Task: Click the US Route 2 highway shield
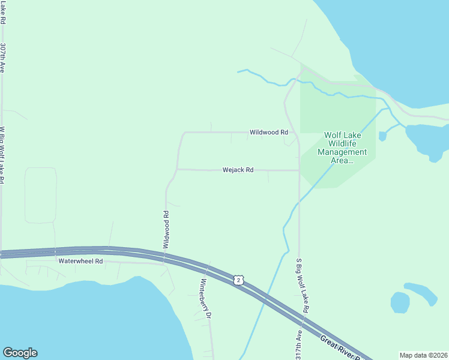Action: pos(239,280)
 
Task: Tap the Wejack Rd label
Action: pos(238,170)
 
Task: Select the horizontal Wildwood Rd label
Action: pos(269,132)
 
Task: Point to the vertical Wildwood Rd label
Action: pos(166,230)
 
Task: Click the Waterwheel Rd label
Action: pos(81,262)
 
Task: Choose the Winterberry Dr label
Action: pos(205,298)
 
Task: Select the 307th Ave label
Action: pos(3,58)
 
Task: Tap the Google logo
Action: pos(20,353)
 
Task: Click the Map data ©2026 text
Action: pos(423,355)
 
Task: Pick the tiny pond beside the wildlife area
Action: pos(382,136)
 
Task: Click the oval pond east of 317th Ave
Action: pos(400,302)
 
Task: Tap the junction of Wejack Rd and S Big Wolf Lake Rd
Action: pos(299,170)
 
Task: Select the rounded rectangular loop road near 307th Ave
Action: pos(41,195)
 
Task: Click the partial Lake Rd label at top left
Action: pos(3,12)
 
